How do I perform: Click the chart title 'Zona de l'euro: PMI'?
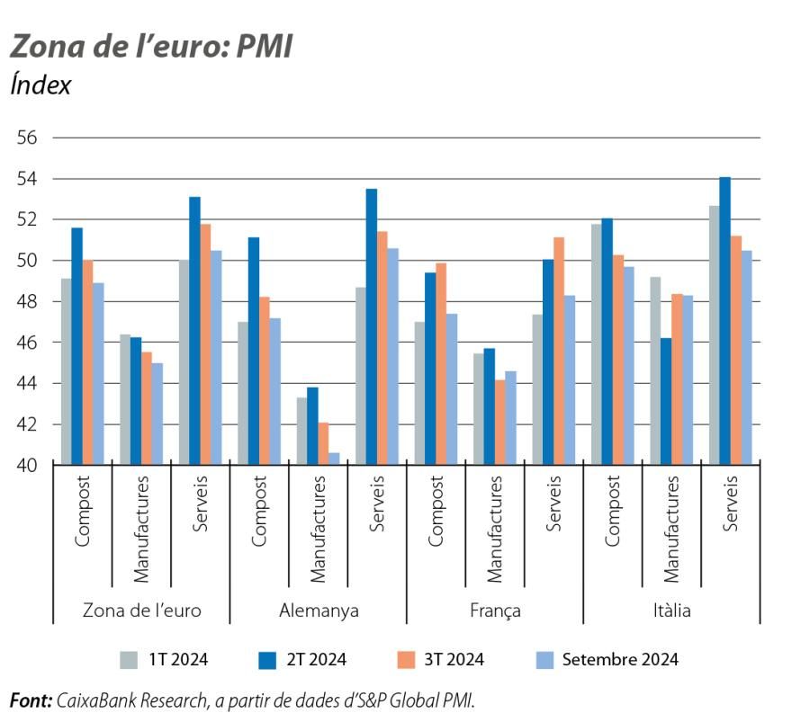coord(151,47)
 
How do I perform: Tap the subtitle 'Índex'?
coord(40,85)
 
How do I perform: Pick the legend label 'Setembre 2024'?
coord(620,660)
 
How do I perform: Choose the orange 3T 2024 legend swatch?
coord(405,660)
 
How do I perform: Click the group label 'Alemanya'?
coord(319,611)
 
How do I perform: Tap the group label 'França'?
coord(495,611)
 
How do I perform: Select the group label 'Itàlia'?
coord(671,611)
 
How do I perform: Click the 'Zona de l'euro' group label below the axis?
coord(141,611)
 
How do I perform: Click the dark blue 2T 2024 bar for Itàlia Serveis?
coord(724,321)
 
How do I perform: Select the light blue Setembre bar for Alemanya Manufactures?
coord(334,459)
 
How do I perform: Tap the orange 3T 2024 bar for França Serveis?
coord(559,351)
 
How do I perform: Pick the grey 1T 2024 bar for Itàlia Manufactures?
coord(654,370)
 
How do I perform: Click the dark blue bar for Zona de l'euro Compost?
coord(76,346)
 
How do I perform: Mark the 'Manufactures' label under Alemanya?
coord(318,526)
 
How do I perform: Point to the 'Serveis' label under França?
coord(553,504)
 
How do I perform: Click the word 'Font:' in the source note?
coord(30,700)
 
